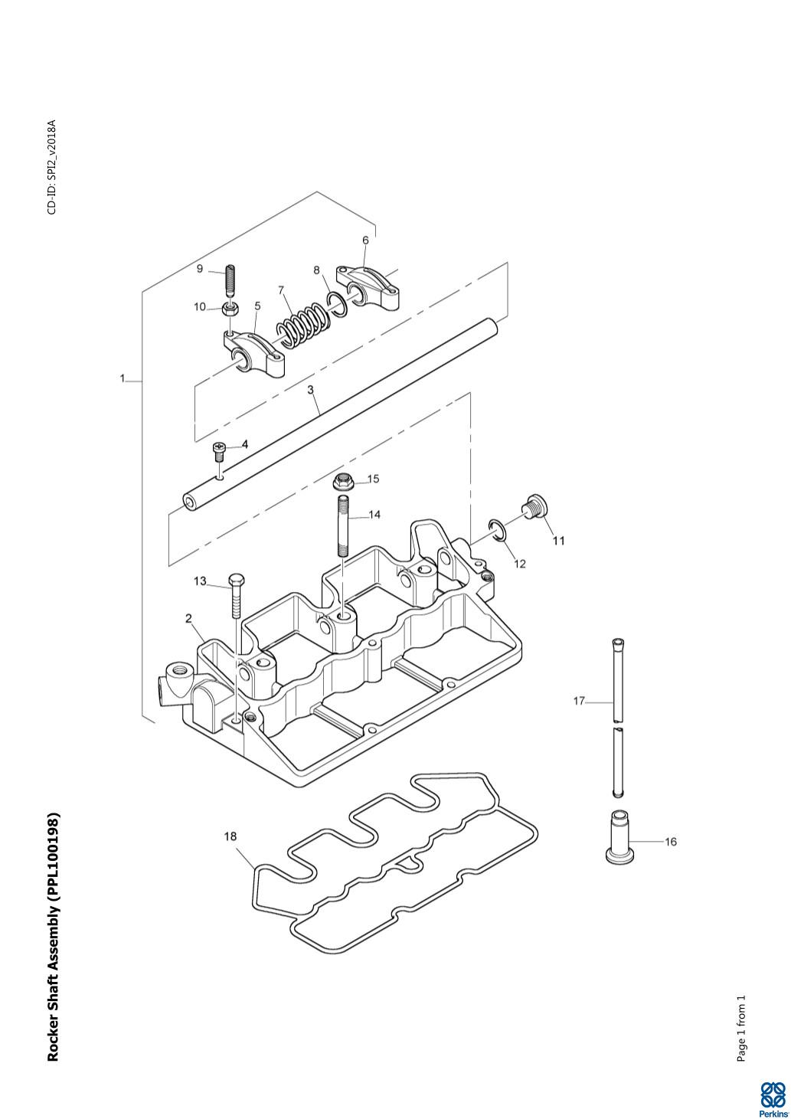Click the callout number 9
200,269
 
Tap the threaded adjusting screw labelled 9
229,282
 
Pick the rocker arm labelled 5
256,353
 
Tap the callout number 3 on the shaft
311,390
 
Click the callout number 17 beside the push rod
579,700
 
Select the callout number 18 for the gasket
230,836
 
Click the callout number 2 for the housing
188,619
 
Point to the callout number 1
123,378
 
